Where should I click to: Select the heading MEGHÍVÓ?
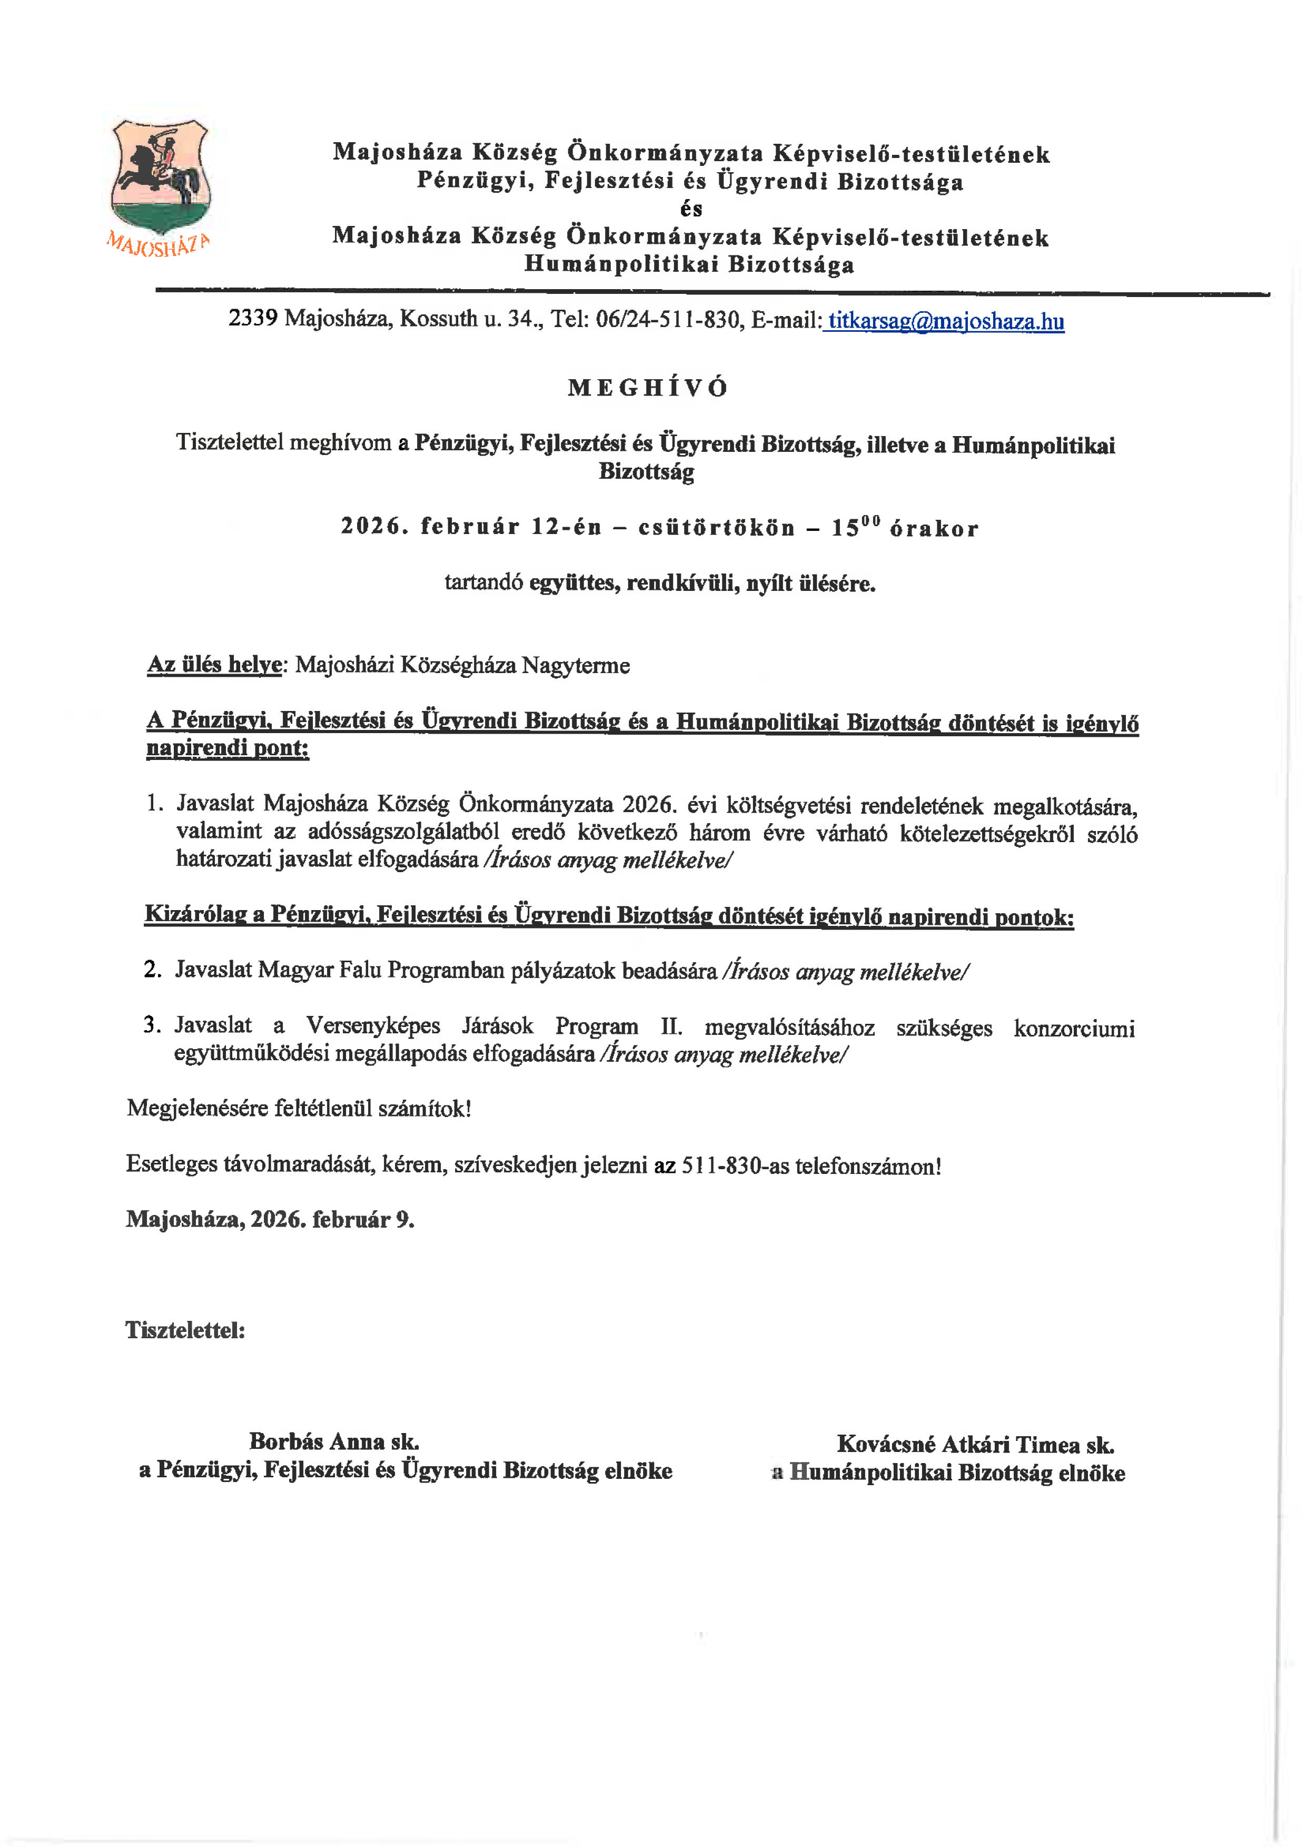[647, 388]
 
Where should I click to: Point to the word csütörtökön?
[716, 529]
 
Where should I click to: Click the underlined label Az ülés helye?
[214, 665]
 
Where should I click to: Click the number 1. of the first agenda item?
[154, 803]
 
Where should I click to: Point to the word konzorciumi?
[1074, 1028]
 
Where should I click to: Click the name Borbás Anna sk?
[334, 1441]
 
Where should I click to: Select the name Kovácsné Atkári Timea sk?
[975, 1444]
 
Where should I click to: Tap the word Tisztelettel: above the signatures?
[185, 1330]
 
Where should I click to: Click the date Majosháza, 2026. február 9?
[270, 1220]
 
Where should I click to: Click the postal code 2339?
[253, 319]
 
